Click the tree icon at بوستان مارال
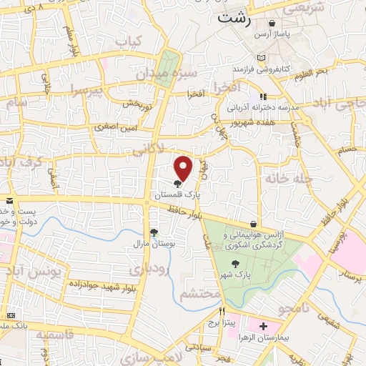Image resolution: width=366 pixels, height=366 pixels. (x=154, y=232)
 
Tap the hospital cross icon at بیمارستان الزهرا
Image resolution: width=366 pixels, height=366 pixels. (x=263, y=325)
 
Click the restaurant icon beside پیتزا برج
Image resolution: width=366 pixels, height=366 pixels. (x=222, y=312)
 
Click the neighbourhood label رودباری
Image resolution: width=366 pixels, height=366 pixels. (x=149, y=269)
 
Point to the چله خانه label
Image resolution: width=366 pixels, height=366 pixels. (x=285, y=177)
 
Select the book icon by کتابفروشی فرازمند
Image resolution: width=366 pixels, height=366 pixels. (x=262, y=58)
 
